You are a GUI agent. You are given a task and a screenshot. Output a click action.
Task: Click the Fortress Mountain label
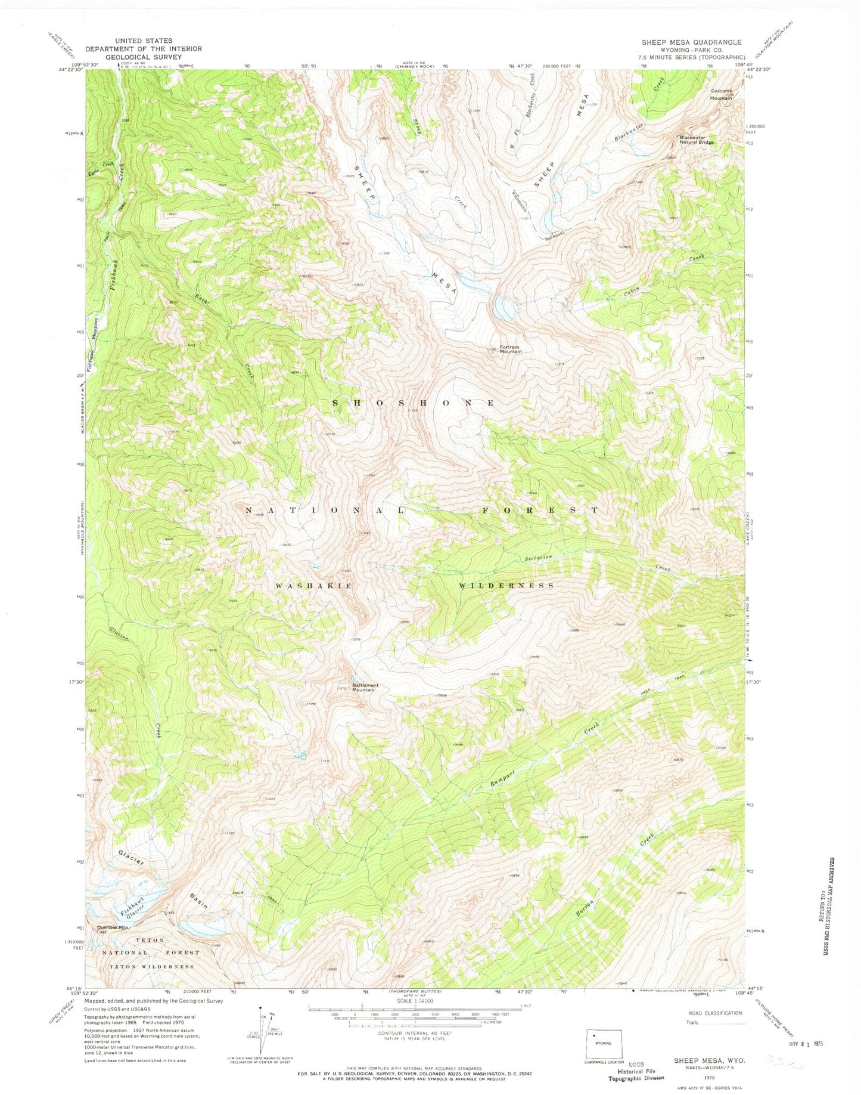(511, 349)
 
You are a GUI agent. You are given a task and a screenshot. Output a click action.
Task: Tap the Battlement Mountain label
(365, 687)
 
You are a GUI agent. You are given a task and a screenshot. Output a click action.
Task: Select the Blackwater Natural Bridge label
(697, 140)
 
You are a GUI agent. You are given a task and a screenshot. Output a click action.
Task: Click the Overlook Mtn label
(114, 927)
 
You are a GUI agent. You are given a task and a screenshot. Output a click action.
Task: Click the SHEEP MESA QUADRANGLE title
(691, 42)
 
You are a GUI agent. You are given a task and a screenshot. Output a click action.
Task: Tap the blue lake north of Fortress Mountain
(504, 308)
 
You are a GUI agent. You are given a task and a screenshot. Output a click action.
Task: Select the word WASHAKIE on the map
(313, 586)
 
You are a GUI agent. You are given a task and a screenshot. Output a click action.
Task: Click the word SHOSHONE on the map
(413, 403)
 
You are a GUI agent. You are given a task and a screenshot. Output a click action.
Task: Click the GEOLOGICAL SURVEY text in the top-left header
(143, 58)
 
